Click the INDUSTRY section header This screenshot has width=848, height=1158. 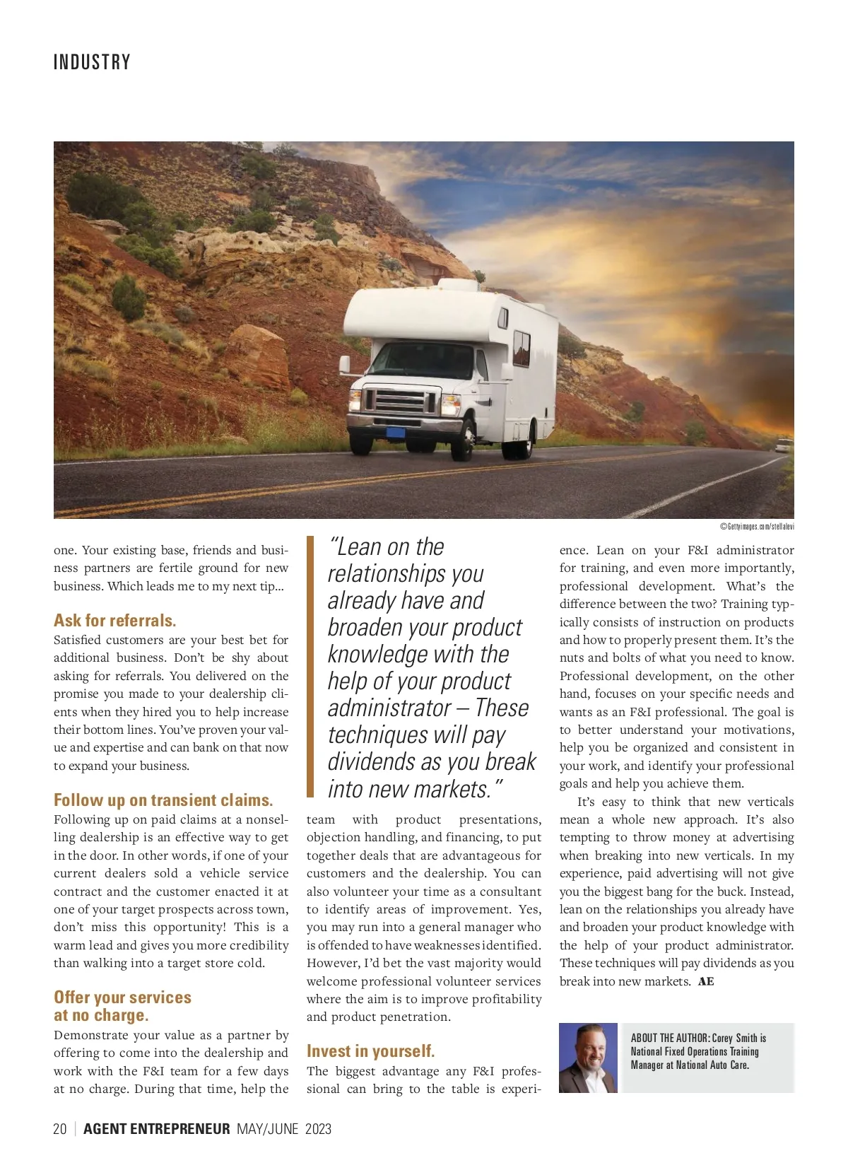tap(92, 62)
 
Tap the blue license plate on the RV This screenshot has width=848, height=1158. tap(396, 432)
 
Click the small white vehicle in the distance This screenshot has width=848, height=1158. tap(783, 445)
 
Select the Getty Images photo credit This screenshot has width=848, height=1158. tap(757, 526)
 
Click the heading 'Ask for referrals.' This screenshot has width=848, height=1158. tap(114, 621)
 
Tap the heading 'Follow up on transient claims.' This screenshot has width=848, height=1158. tap(163, 800)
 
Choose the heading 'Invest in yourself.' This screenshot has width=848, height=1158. tap(370, 1051)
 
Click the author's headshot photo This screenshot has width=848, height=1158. tap(588, 1058)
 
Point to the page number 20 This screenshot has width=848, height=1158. tap(60, 1129)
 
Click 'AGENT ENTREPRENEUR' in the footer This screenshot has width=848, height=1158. tap(156, 1129)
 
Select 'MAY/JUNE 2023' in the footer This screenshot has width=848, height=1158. tap(284, 1129)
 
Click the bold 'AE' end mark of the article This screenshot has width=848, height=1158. tap(706, 981)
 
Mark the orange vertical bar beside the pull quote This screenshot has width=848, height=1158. tap(310, 666)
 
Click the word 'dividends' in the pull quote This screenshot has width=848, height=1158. tap(372, 762)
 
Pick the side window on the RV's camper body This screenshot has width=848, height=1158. tap(522, 348)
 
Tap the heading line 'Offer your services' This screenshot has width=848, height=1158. tap(122, 998)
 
